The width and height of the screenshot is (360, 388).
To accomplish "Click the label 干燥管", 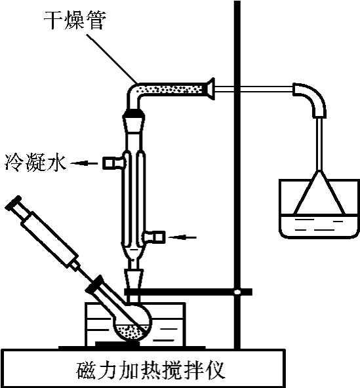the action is point(75,21).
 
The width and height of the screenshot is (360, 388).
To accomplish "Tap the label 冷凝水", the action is point(36,163).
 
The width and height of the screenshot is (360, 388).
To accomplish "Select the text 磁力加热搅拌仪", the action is point(151,370).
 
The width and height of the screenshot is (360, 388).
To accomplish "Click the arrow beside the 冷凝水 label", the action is point(84,163).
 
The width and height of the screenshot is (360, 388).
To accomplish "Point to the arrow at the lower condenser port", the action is point(182,237).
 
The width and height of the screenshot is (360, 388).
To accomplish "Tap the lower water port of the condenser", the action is point(154,237).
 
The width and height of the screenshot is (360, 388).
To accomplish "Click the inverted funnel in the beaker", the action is point(319,192).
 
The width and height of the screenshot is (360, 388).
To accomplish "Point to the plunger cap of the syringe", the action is point(14,203).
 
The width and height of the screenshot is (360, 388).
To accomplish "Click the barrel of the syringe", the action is point(50,239).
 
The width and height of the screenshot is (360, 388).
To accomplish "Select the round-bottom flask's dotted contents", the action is point(132,332).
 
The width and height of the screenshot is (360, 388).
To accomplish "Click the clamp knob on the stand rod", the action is point(237,292).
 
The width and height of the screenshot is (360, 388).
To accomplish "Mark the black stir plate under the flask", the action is point(117,344).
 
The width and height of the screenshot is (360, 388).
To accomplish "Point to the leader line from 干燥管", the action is point(111,58).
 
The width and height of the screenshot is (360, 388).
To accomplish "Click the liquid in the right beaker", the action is point(319,225).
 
